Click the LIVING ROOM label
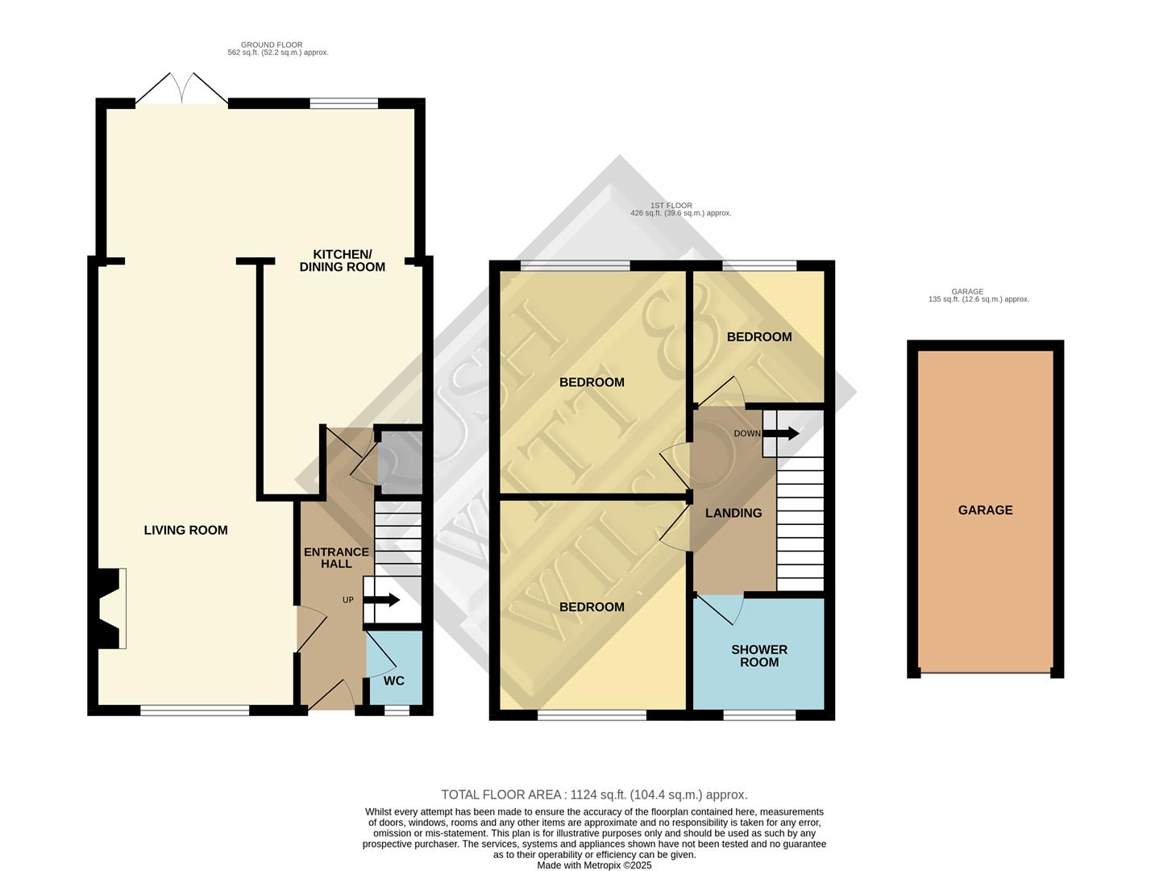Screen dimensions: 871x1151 [x=185, y=530]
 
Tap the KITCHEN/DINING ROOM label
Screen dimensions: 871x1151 [x=342, y=260]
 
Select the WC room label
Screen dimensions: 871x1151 [x=393, y=681]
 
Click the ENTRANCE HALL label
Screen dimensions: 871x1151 [x=336, y=557]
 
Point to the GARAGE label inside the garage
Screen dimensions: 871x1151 [x=985, y=510]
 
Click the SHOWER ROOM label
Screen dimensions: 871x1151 [x=758, y=656]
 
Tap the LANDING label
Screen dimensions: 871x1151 [x=733, y=513]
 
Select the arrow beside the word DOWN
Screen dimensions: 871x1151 [x=781, y=433]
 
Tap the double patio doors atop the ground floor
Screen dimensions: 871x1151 [x=181, y=90]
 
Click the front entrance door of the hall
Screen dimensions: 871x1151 [x=331, y=696]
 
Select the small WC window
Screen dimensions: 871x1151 [x=396, y=711]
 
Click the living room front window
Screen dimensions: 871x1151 [x=194, y=711]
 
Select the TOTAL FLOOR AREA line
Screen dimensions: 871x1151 [x=594, y=794]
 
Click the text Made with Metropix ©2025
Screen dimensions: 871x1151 [x=594, y=865]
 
